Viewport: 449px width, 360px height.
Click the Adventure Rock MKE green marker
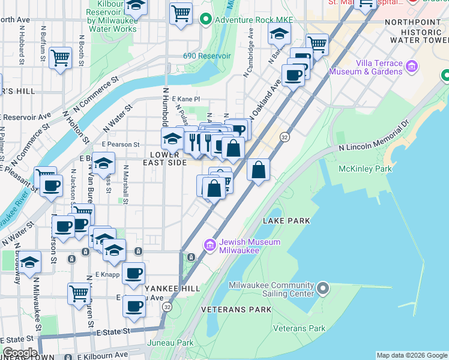(206, 20)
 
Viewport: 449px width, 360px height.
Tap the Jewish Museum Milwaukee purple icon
(210, 245)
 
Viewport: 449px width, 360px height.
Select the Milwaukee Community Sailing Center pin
(323, 289)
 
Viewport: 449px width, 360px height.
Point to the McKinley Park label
(366, 169)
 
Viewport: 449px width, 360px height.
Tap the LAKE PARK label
(286, 221)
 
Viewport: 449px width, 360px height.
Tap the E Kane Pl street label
(185, 99)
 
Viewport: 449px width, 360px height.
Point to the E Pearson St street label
(121, 145)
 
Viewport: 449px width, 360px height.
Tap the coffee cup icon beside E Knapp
(134, 273)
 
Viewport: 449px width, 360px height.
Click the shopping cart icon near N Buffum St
(60, 58)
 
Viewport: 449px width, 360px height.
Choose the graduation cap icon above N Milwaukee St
(29, 262)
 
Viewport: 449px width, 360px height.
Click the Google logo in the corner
(20, 353)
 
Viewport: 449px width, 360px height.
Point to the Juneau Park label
(170, 343)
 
